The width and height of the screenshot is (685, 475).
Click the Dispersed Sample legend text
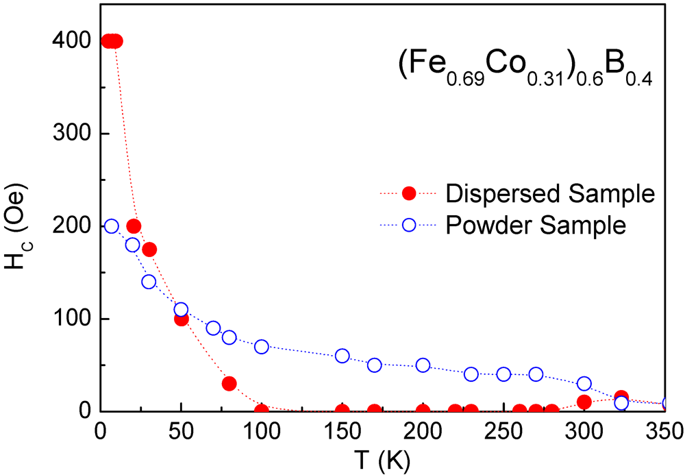pyautogui.click(x=546, y=194)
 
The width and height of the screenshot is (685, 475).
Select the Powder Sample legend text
pyautogui.click(x=536, y=224)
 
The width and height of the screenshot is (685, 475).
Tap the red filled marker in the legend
pyautogui.click(x=409, y=194)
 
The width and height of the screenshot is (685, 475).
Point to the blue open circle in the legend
pyautogui.click(x=409, y=224)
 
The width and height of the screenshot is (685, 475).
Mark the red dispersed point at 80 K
pyautogui.click(x=229, y=383)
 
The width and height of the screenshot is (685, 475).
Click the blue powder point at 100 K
pyautogui.click(x=262, y=346)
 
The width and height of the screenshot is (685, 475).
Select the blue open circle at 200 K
pyautogui.click(x=423, y=365)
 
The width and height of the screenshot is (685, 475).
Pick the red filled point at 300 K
pyautogui.click(x=584, y=402)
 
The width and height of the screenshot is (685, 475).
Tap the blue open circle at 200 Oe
pyautogui.click(x=112, y=226)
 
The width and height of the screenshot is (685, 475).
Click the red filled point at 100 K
pyautogui.click(x=262, y=411)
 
